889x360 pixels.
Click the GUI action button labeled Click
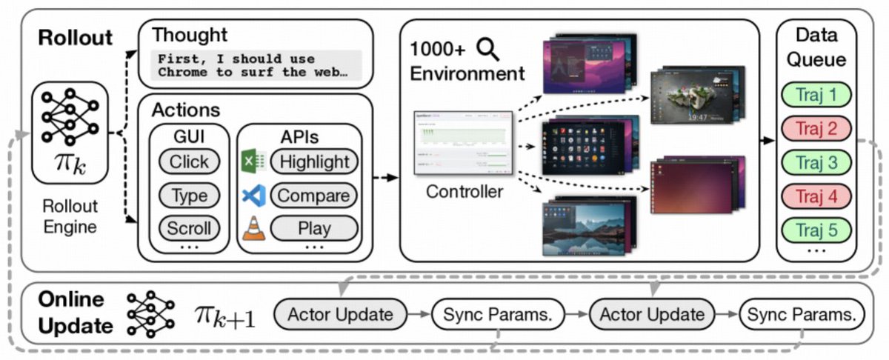(x=189, y=161)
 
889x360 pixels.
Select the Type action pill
(x=189, y=196)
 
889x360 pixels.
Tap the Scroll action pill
(x=189, y=228)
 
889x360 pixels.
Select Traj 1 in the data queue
(x=815, y=96)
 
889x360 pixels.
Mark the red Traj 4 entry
(x=815, y=197)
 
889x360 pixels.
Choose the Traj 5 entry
(x=815, y=230)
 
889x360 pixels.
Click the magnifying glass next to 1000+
(x=489, y=50)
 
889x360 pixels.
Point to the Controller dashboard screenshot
(x=463, y=143)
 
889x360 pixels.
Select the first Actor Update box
(x=340, y=314)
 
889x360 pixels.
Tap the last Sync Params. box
(x=802, y=314)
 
